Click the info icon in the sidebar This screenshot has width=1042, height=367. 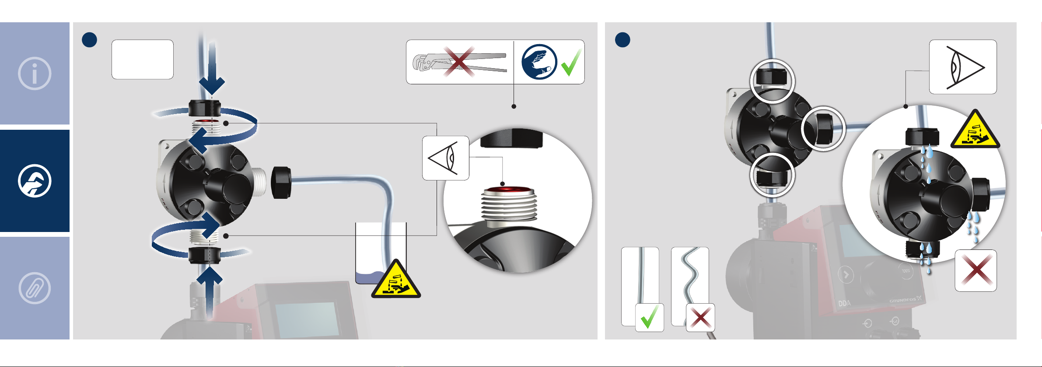(35, 73)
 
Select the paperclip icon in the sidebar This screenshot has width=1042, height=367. (35, 288)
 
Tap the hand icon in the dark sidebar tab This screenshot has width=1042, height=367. (35, 181)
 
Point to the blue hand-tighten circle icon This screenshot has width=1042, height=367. (539, 62)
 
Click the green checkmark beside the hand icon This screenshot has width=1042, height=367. (571, 63)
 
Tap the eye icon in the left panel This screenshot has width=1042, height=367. (445, 158)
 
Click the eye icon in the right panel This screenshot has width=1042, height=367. (963, 67)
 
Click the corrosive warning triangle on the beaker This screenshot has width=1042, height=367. (396, 280)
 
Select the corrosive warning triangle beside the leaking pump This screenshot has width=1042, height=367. (975, 131)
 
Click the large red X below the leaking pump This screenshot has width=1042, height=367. (976, 270)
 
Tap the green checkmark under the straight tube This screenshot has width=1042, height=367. (649, 317)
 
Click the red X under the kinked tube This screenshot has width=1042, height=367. (700, 318)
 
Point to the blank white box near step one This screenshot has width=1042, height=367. (143, 59)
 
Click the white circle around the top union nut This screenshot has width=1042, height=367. (772, 81)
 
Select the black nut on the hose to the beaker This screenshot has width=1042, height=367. (281, 182)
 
